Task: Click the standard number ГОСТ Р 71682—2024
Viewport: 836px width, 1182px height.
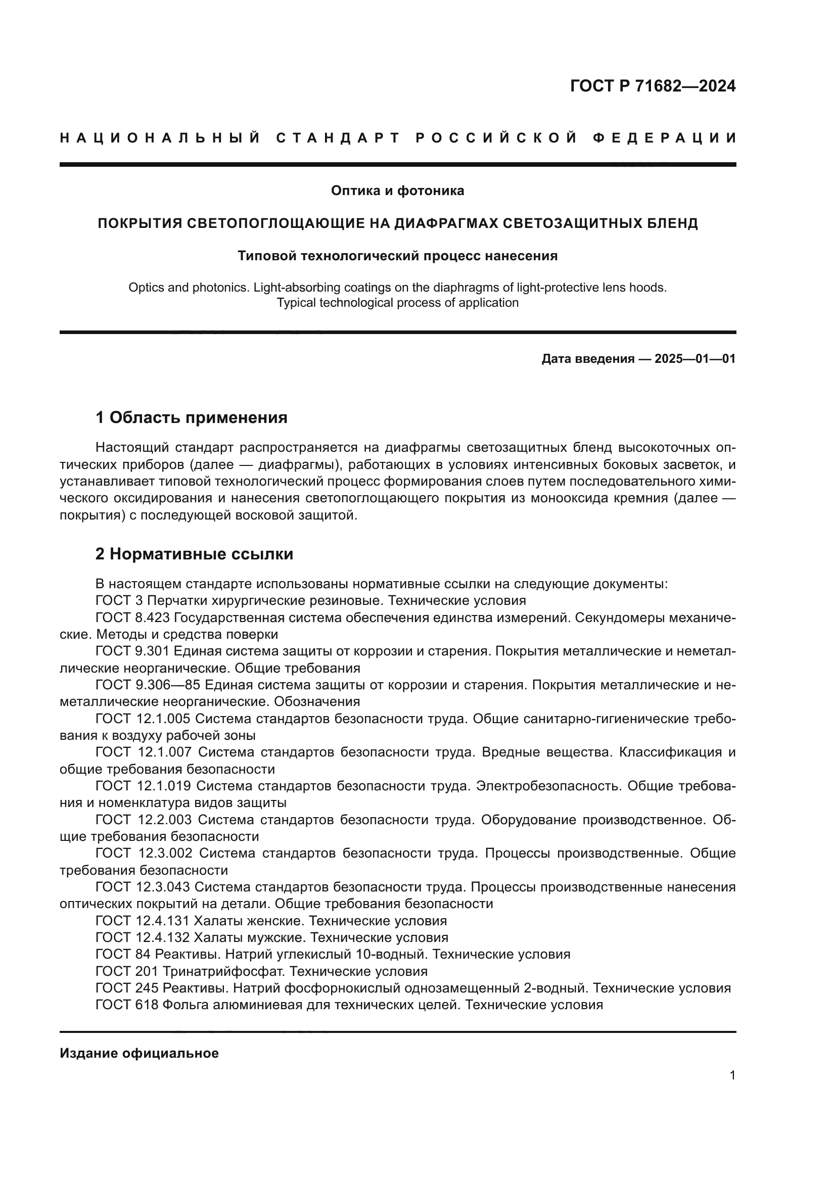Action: pyautogui.click(x=652, y=86)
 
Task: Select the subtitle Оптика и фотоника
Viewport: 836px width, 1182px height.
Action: pyautogui.click(x=397, y=191)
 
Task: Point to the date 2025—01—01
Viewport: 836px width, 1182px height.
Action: pyautogui.click(x=694, y=359)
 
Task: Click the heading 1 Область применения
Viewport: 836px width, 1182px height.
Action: pyautogui.click(x=192, y=417)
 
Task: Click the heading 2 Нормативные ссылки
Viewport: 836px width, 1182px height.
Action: pyautogui.click(x=195, y=554)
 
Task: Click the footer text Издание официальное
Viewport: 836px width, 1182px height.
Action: pyautogui.click(x=139, y=1053)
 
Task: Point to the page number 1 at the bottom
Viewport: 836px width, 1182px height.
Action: pyautogui.click(x=732, y=1075)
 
